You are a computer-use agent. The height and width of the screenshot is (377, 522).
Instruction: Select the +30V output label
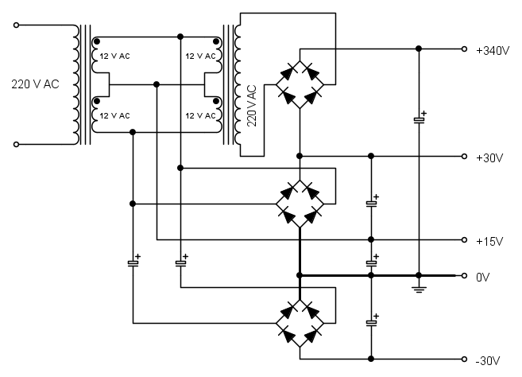point(489,157)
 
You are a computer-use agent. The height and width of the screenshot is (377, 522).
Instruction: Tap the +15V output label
point(489,240)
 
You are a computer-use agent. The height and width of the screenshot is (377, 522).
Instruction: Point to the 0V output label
point(484,276)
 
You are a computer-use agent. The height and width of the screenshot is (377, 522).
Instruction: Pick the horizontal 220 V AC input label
point(35,83)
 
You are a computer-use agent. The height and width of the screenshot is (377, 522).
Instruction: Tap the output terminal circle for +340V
point(465,49)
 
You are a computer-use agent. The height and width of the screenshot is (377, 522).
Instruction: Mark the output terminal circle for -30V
point(465,358)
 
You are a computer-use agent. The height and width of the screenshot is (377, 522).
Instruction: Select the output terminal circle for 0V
point(465,275)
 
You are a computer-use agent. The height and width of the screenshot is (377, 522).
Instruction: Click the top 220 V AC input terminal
point(17,25)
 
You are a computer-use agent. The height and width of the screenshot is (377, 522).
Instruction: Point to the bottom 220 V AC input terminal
point(17,144)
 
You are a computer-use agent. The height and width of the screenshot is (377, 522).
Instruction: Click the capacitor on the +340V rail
point(419,120)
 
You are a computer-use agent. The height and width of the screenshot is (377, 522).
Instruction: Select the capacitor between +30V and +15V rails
point(371,203)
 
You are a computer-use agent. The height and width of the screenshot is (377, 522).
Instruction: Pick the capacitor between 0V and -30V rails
point(371,322)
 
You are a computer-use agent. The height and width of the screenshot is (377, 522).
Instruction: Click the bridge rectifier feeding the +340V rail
point(300,83)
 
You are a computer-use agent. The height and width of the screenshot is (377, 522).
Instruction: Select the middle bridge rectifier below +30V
point(300,202)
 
